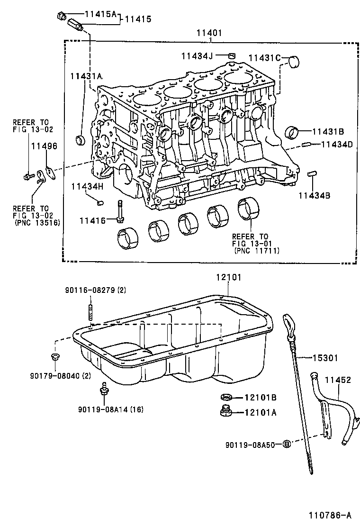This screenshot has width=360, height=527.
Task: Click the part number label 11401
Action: tap(209, 33)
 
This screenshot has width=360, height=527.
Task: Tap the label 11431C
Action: tap(260, 58)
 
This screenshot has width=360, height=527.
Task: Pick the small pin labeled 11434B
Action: tap(312, 174)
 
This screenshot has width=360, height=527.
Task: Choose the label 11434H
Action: tap(87, 187)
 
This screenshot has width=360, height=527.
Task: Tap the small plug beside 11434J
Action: tap(232, 56)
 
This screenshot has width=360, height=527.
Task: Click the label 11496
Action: tap(44, 146)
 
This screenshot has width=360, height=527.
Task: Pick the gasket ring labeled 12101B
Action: tap(226, 397)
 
